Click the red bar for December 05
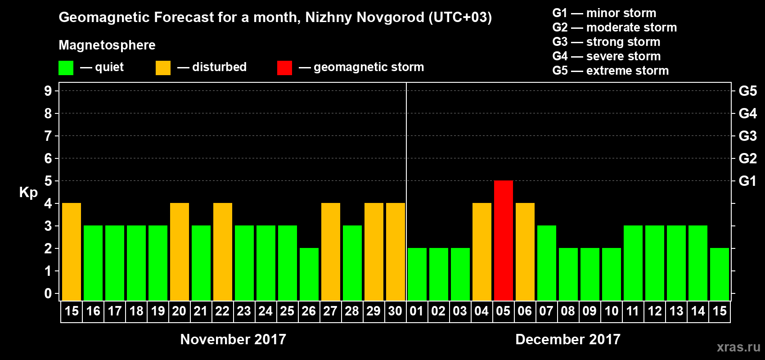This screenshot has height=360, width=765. click(x=503, y=240)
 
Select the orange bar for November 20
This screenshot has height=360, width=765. click(x=179, y=252)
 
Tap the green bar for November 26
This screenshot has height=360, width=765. click(x=309, y=274)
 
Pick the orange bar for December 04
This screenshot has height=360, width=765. click(x=481, y=252)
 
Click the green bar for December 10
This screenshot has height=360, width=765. click(x=611, y=274)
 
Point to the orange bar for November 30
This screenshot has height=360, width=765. click(x=395, y=252)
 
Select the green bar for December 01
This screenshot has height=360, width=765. click(x=417, y=274)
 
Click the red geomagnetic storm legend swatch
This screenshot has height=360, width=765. click(x=284, y=68)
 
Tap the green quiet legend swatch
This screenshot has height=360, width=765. click(x=66, y=68)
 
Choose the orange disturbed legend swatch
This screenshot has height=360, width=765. click(x=163, y=68)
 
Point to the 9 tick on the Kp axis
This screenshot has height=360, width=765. click(x=48, y=91)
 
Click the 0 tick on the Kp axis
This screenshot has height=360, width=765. click(x=48, y=293)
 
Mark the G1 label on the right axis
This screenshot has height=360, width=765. click(x=747, y=181)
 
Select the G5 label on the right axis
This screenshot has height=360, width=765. click(x=747, y=91)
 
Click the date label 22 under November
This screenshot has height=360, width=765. click(x=222, y=311)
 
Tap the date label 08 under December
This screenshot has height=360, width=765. click(x=568, y=311)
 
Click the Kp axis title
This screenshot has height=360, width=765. click(x=28, y=192)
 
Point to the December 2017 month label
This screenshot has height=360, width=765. click(x=567, y=339)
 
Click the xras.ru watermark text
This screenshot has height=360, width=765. click(x=738, y=347)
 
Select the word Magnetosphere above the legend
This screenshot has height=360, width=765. click(x=107, y=45)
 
